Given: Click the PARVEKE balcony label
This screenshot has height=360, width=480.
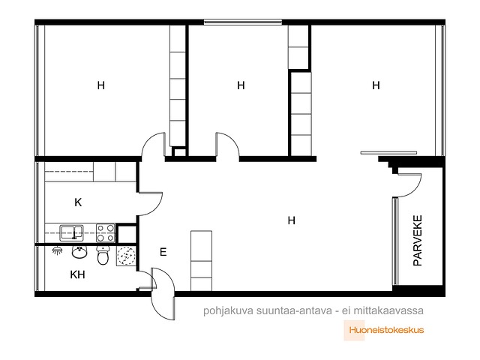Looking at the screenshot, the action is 418,240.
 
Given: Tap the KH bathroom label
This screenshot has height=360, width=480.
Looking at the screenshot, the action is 77,274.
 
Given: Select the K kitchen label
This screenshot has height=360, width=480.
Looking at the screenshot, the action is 78,202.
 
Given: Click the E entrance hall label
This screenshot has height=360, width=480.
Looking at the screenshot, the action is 163,252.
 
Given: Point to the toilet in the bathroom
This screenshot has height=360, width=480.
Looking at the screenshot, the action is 103,255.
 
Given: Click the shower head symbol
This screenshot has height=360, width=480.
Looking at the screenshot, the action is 57,250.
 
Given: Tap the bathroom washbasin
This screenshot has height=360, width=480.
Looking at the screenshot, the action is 79,252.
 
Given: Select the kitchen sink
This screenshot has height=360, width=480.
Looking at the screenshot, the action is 71,232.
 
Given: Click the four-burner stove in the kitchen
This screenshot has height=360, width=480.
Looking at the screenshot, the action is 106,233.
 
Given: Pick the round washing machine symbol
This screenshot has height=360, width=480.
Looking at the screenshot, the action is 126,256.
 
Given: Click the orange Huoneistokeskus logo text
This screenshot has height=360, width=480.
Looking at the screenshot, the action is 387,330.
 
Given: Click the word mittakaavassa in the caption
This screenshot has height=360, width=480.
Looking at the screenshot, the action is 388,310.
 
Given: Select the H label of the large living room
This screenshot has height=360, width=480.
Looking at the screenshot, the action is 292,220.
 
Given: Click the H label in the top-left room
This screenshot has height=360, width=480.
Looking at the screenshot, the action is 101,85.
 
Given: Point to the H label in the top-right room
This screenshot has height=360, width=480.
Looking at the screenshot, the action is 376,85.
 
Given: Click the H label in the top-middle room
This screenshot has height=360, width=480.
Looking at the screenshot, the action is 241,85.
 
